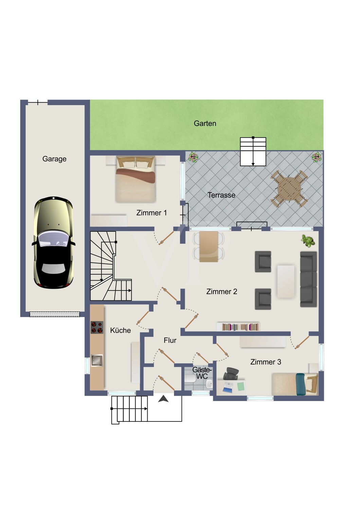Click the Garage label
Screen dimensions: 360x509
pos(54,159)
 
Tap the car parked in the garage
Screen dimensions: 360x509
pos(54,243)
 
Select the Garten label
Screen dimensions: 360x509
pos(205,124)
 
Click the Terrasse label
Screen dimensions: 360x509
pos(221,195)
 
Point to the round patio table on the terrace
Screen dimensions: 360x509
pos(289,189)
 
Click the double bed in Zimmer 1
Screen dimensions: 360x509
pos(135,179)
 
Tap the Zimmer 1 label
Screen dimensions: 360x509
pos(151,213)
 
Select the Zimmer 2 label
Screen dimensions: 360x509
pos(221,291)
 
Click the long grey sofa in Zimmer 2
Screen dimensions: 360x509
pos(308,279)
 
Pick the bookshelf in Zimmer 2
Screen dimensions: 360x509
pos(238,326)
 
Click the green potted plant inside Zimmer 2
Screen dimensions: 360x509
pos(308,241)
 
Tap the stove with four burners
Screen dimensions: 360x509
pos(97,327)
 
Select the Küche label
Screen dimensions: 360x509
pos(120,331)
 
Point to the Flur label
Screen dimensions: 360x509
pos(170,340)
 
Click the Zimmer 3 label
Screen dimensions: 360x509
pos(266,362)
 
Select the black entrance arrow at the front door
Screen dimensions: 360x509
pos(163,399)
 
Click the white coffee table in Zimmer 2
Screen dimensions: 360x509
pos(286,281)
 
